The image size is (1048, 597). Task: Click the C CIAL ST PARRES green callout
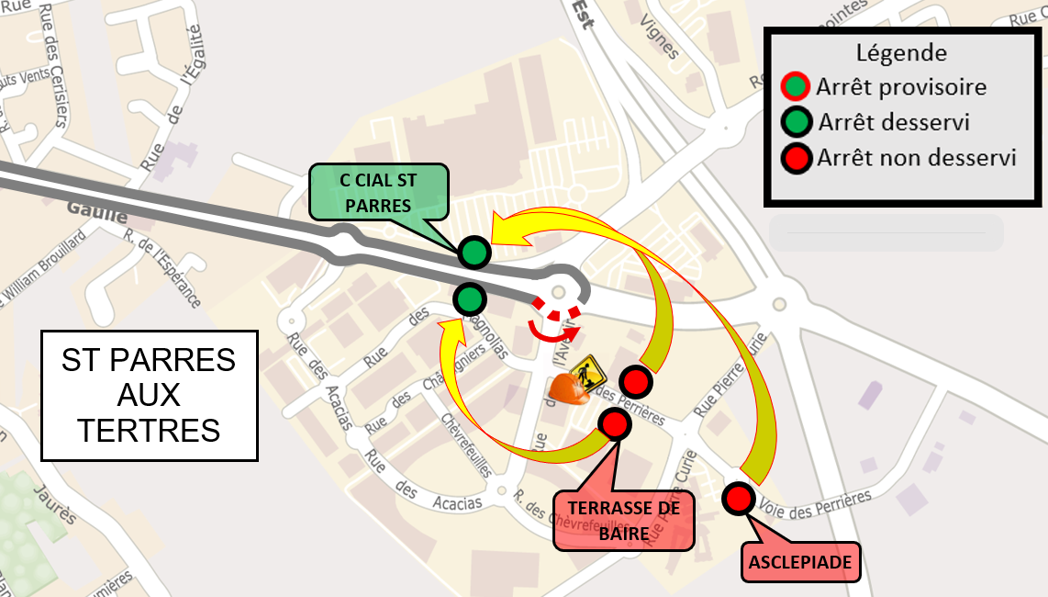tap(378, 192)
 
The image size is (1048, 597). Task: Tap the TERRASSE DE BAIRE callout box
tap(623, 521)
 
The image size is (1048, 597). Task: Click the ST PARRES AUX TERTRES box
tap(149, 396)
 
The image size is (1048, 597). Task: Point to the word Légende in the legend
tap(900, 53)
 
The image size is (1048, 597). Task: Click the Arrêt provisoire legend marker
tap(795, 88)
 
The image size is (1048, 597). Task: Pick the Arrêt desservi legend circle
tap(795, 122)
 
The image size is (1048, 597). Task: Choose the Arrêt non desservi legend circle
tap(795, 157)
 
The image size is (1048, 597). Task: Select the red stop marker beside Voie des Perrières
tap(738, 499)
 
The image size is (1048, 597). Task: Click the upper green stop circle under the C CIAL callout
tap(474, 251)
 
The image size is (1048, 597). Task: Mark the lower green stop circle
tap(469, 298)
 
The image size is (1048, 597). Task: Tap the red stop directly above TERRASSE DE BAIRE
tap(614, 423)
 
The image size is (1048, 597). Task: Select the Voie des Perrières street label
tap(816, 504)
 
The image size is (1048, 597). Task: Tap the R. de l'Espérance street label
tap(163, 267)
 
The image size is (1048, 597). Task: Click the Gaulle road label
tap(95, 212)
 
